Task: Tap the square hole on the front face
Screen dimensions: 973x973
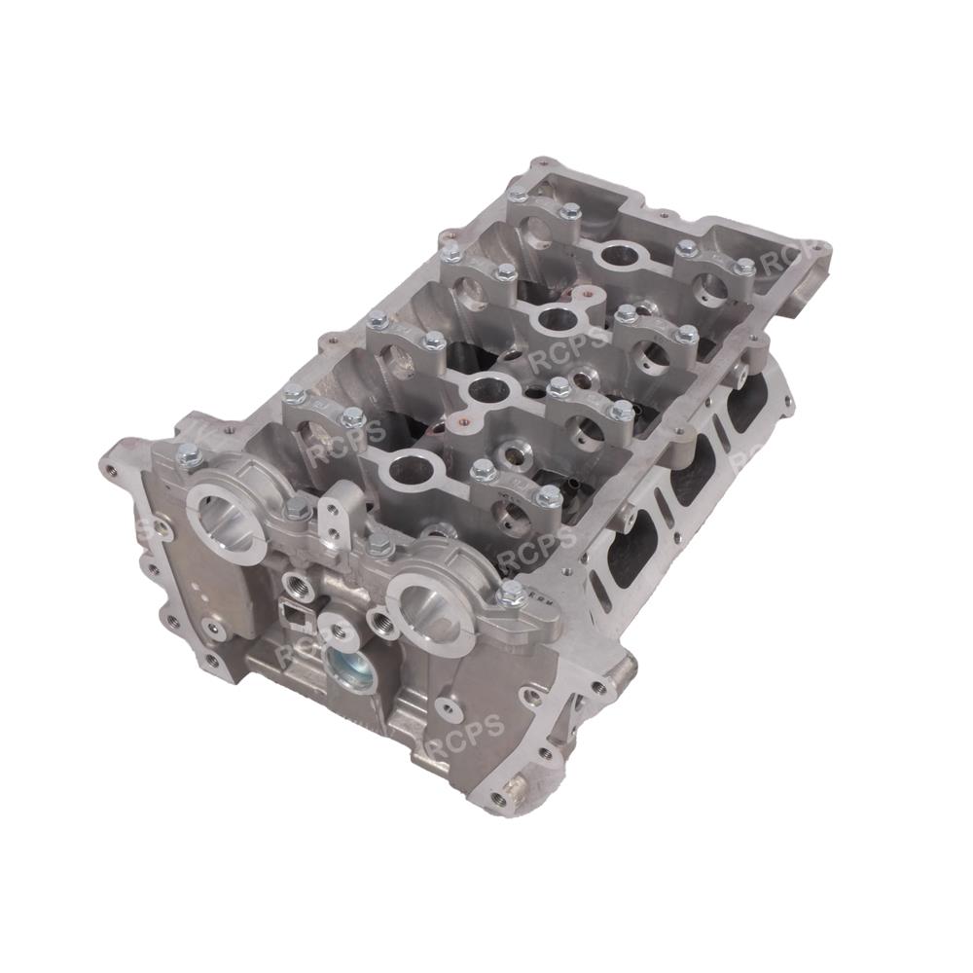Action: [292, 613]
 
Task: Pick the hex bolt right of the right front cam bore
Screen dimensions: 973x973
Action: [509, 595]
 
